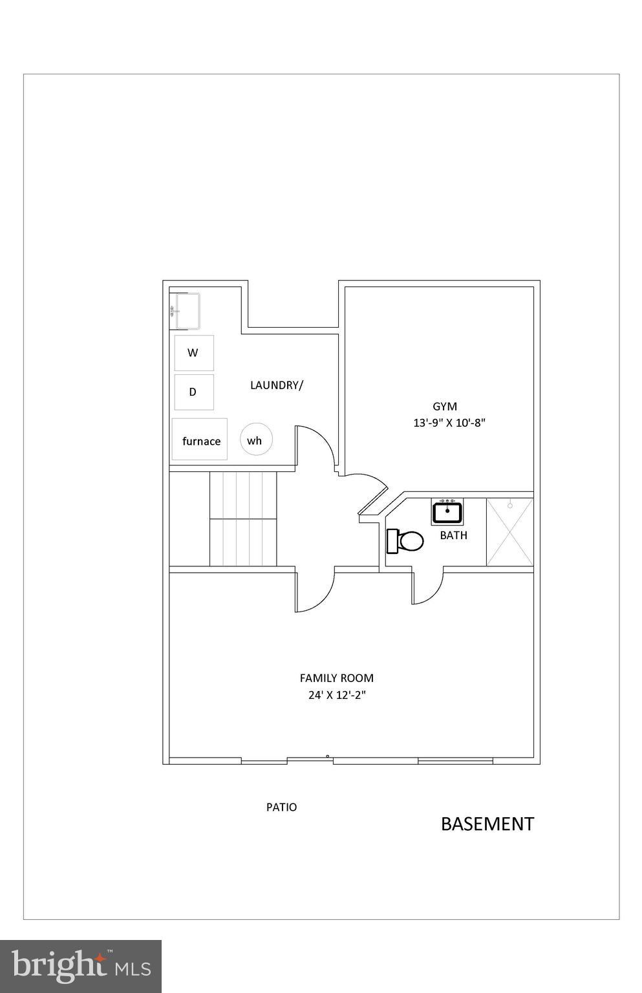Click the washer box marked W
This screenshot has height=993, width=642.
[x=194, y=353]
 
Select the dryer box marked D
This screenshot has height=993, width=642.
[x=194, y=392]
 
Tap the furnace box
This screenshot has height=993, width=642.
[x=200, y=440]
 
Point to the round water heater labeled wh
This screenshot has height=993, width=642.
[x=256, y=440]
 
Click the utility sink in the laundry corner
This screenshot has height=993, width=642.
[x=186, y=311]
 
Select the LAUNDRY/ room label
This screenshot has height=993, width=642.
[x=277, y=385]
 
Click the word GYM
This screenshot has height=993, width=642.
[x=445, y=407]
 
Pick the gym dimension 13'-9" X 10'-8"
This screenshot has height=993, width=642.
[x=449, y=423]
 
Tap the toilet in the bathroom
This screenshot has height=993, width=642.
[x=405, y=541]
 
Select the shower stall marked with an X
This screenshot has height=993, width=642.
[x=509, y=532]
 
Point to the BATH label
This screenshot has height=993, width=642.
[x=453, y=535]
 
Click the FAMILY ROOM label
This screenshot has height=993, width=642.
[x=336, y=678]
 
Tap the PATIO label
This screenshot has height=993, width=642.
[x=282, y=807]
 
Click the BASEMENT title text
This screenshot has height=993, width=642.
[x=487, y=824]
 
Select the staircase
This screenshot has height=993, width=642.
[x=243, y=519]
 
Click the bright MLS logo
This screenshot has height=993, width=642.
[x=81, y=966]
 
